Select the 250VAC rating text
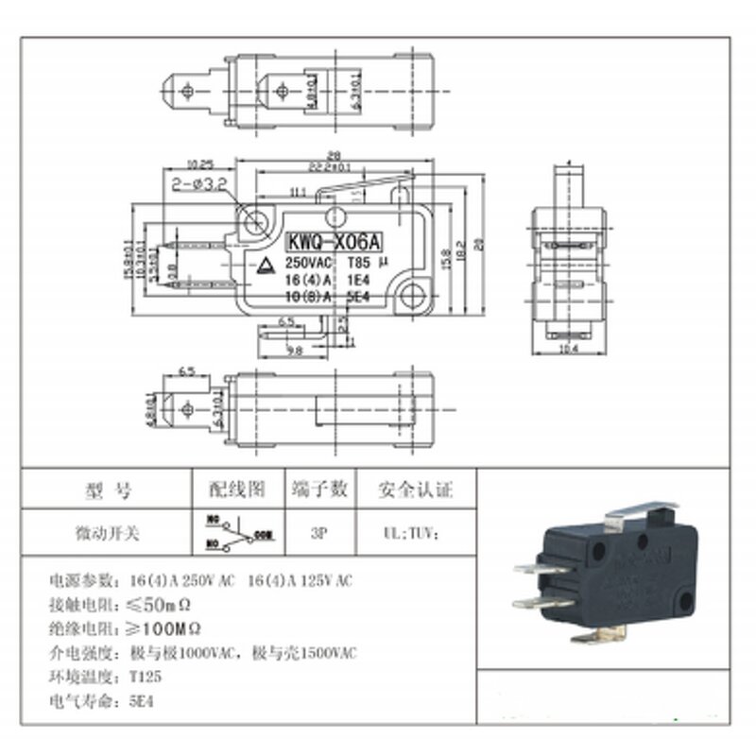click(x=307, y=264)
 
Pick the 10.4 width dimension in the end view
click(x=569, y=349)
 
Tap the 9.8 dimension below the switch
click(x=296, y=352)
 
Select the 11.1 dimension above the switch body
click(x=298, y=192)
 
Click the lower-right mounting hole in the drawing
click(x=410, y=296)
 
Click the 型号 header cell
click(x=109, y=490)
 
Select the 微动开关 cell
click(x=109, y=533)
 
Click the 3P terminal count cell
click(x=318, y=533)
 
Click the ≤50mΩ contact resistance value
click(x=166, y=603)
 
